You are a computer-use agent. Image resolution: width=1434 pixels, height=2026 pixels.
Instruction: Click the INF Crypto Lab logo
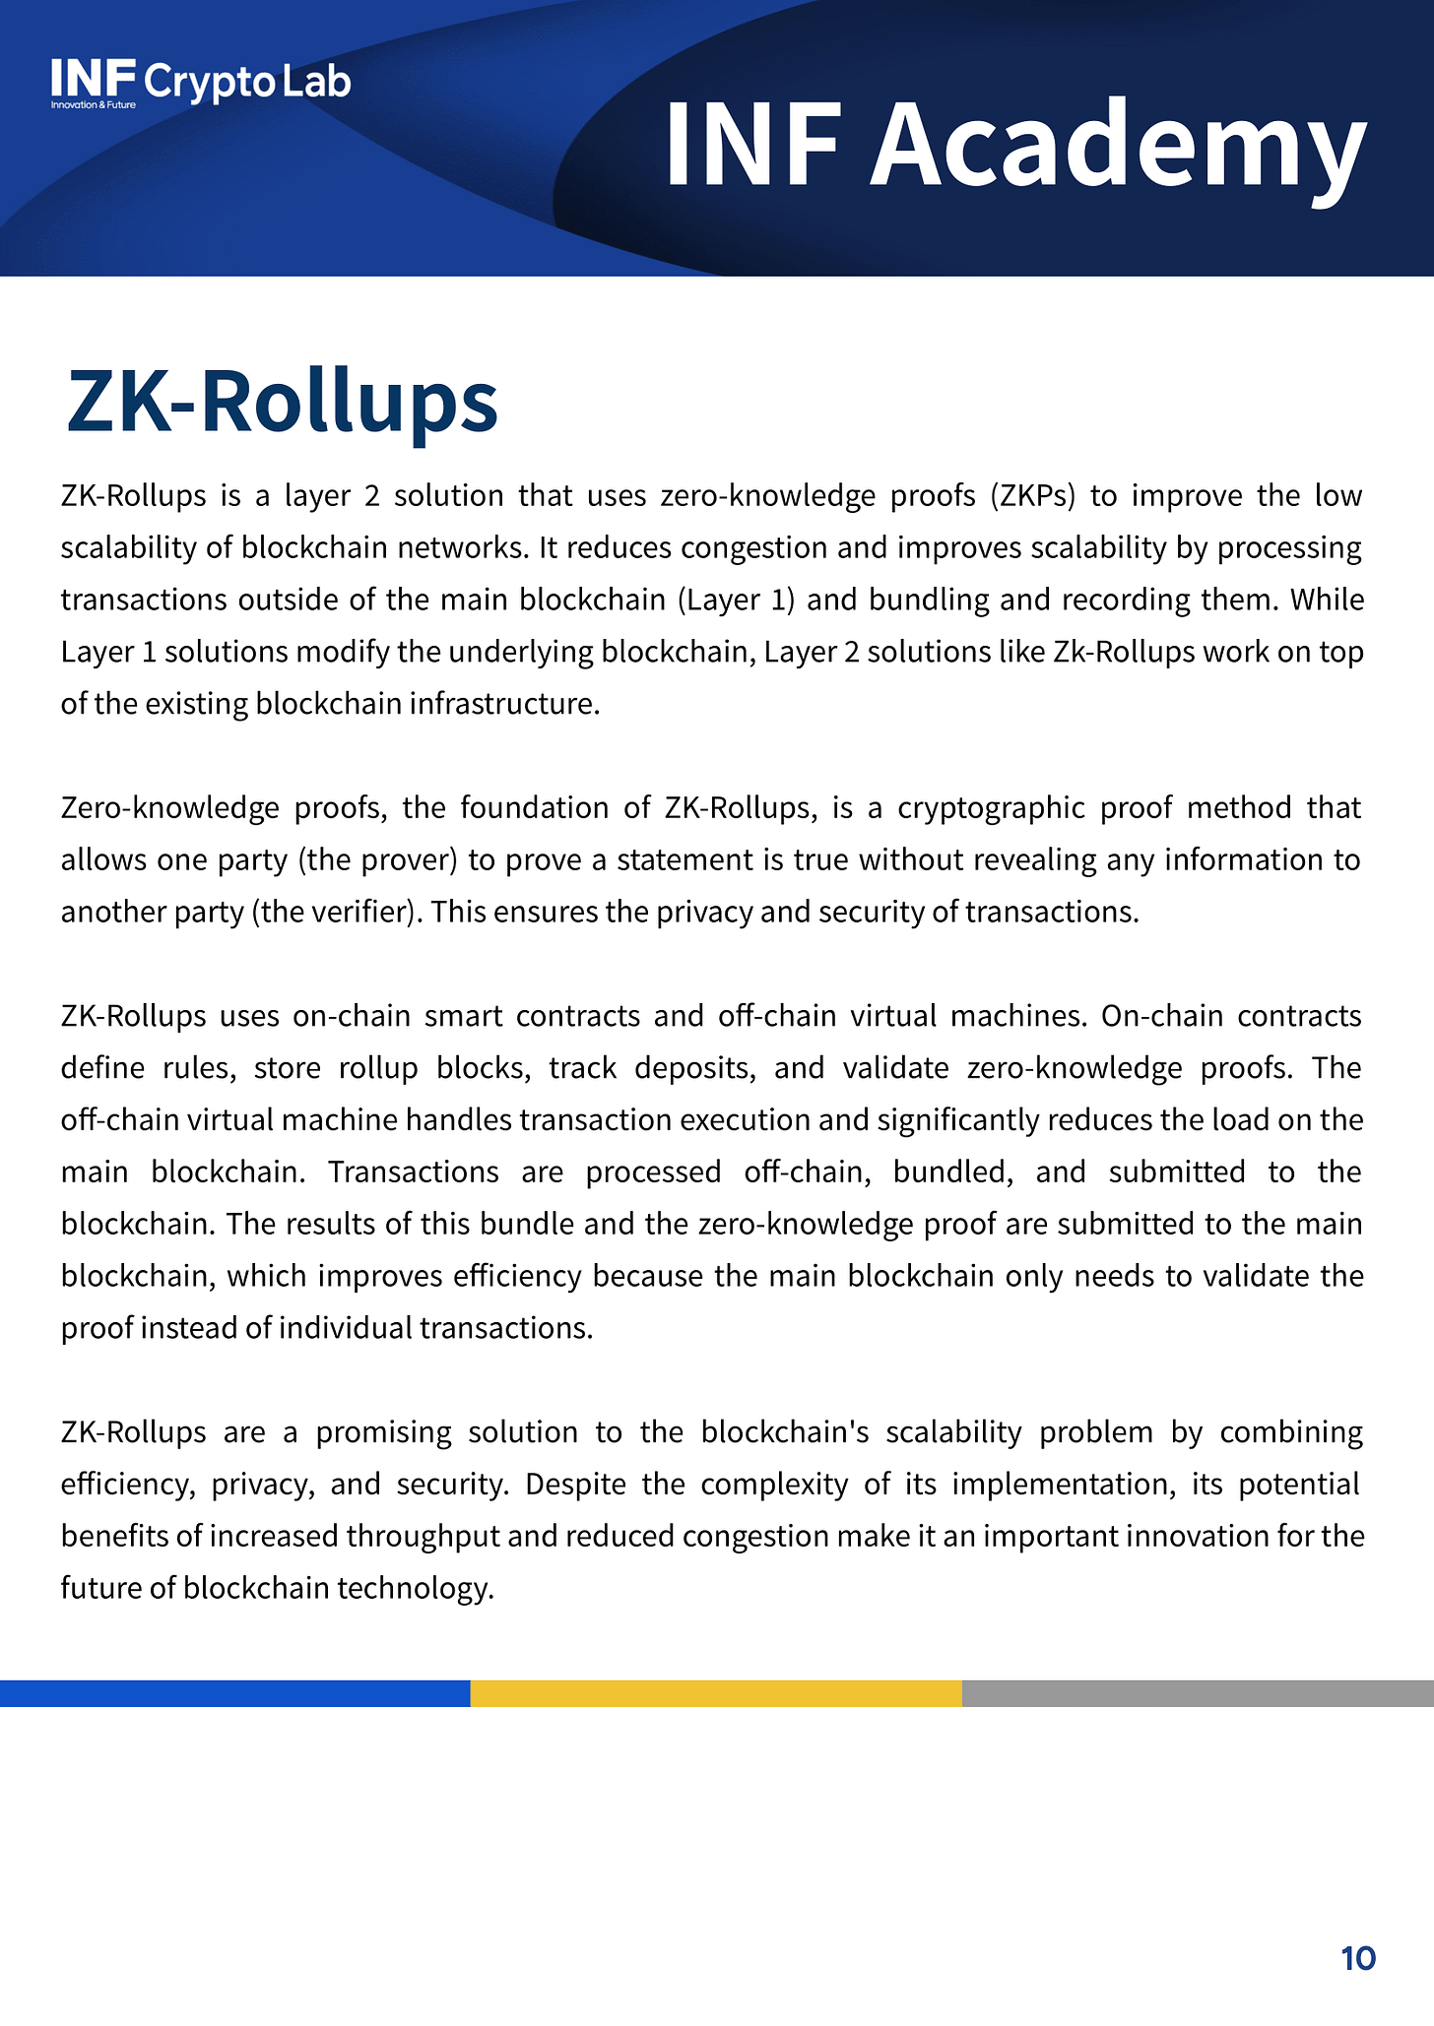tap(201, 82)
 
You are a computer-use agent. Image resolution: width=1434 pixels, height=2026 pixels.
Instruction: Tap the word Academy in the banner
tap(1117, 146)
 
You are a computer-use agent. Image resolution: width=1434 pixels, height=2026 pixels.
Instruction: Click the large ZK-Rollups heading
tap(283, 402)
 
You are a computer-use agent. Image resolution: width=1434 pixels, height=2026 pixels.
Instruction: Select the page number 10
tap(1358, 1958)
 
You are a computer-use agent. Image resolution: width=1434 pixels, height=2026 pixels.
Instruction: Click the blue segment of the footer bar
tap(234, 1693)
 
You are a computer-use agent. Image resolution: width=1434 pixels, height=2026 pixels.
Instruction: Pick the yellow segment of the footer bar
tap(716, 1693)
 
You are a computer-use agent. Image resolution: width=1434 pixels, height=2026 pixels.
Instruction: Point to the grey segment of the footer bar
tap(1198, 1693)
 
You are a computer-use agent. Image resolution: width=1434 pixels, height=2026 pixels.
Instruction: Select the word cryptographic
tap(990, 808)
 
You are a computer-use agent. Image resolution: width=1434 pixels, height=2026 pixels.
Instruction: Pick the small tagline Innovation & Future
tap(94, 104)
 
